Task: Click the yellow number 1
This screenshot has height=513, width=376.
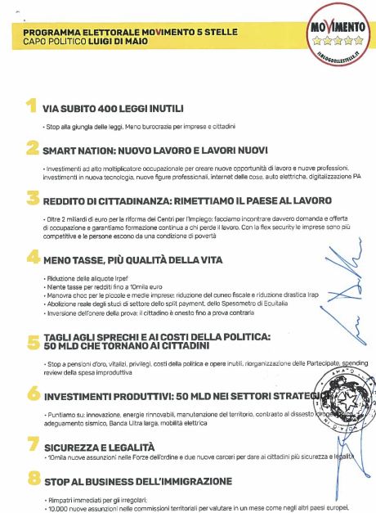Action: [x=30, y=107]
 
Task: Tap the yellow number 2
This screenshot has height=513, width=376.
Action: [x=32, y=150]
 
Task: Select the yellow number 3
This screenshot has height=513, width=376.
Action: [x=32, y=199]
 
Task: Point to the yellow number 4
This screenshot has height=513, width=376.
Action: [x=32, y=258]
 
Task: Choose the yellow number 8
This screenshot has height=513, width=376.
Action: [x=32, y=480]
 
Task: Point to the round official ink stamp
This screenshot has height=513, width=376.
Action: [x=329, y=398]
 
